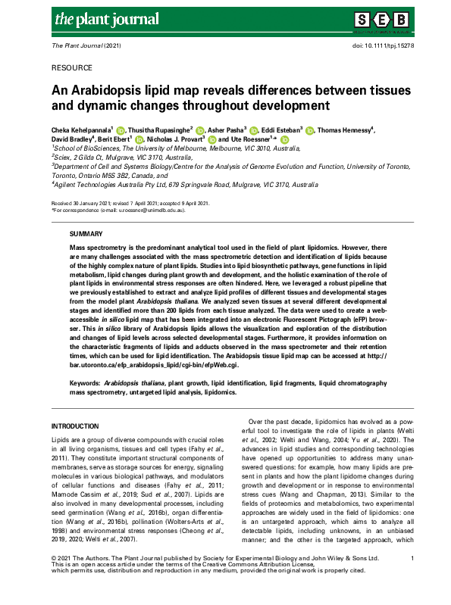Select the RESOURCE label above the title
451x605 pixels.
(73, 67)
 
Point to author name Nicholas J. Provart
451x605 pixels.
(179, 140)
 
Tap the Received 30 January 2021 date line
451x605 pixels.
(130, 204)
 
